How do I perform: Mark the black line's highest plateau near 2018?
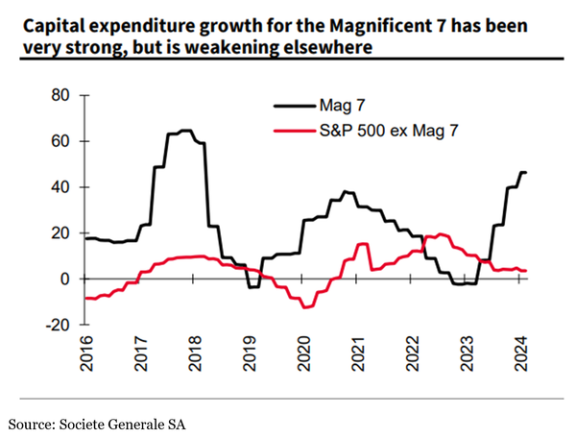(x=185, y=131)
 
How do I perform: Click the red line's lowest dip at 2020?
(x=306, y=306)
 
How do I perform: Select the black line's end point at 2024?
(x=525, y=172)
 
